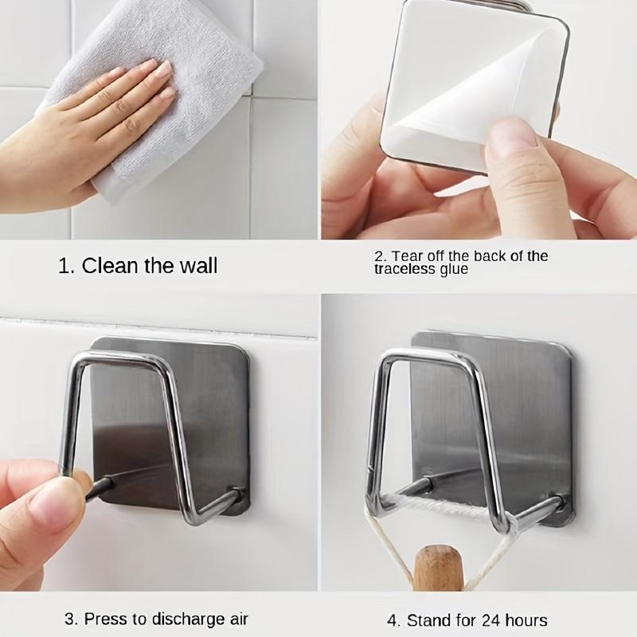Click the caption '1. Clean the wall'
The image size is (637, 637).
click(x=138, y=265)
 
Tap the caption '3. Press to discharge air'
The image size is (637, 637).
click(x=156, y=619)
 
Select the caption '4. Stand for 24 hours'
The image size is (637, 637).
click(x=467, y=619)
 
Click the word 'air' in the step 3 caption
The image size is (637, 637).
click(x=237, y=619)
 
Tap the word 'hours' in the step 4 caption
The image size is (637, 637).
click(x=526, y=619)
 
